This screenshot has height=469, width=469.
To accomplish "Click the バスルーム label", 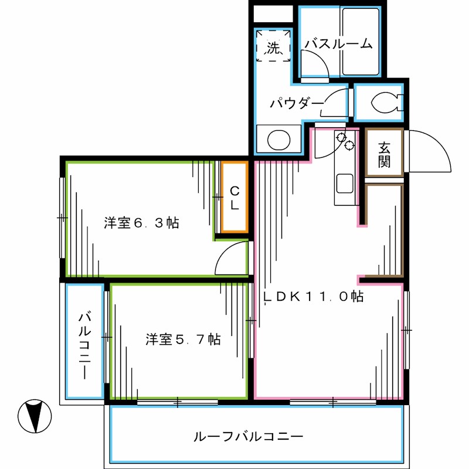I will [339, 43].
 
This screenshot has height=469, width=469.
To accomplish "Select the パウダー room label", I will [297, 104].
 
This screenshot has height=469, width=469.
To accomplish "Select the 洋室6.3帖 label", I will [141, 223].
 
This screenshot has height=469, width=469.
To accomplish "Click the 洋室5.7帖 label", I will [183, 339].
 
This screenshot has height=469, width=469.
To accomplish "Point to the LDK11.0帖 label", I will [313, 297].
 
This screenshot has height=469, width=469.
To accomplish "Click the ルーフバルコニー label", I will [247, 437].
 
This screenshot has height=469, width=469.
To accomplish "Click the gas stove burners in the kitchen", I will [344, 141].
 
